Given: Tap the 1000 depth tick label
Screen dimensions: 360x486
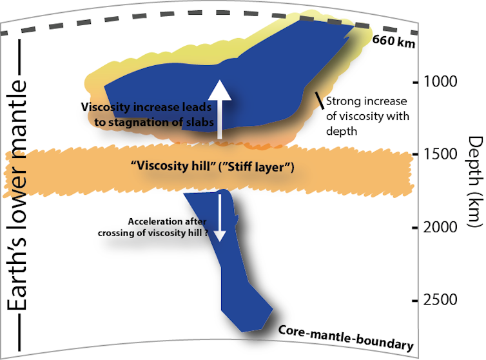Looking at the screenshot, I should click(x=440, y=82).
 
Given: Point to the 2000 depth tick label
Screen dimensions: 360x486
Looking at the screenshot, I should click(x=440, y=227).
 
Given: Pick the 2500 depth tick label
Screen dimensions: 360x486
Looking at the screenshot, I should click(x=440, y=300).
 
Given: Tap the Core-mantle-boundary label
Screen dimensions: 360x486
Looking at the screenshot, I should click(x=345, y=338).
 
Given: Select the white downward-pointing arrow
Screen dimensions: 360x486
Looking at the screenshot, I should click(x=220, y=217).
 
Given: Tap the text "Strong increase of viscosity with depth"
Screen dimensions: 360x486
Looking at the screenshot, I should click(x=366, y=115).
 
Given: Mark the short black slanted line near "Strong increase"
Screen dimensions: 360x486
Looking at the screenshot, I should click(x=318, y=101).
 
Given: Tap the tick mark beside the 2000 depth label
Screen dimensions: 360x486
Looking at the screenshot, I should click(x=415, y=227).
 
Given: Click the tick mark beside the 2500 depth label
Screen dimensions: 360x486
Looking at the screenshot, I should click(x=415, y=300).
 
